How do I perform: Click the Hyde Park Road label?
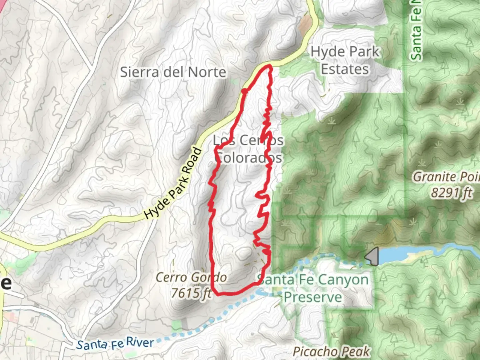pyautogui.click(x=173, y=183)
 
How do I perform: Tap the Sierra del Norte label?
pyautogui.click(x=173, y=72)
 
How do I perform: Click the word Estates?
pyautogui.click(x=345, y=69)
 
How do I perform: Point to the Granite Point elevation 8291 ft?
pyautogui.click(x=452, y=193)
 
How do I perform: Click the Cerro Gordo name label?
pyautogui.click(x=191, y=277)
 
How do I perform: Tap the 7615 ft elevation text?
pyautogui.click(x=191, y=293)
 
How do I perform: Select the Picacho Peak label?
pyautogui.click(x=331, y=351)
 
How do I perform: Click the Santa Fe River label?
pyautogui.click(x=115, y=343)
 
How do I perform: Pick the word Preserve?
pyautogui.click(x=313, y=297)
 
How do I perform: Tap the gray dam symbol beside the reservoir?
pyautogui.click(x=372, y=256)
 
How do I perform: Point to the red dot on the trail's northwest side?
pyautogui.click(x=244, y=91)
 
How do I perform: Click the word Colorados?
pyautogui.click(x=248, y=158)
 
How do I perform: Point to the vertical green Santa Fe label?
pyautogui.click(x=416, y=33)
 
